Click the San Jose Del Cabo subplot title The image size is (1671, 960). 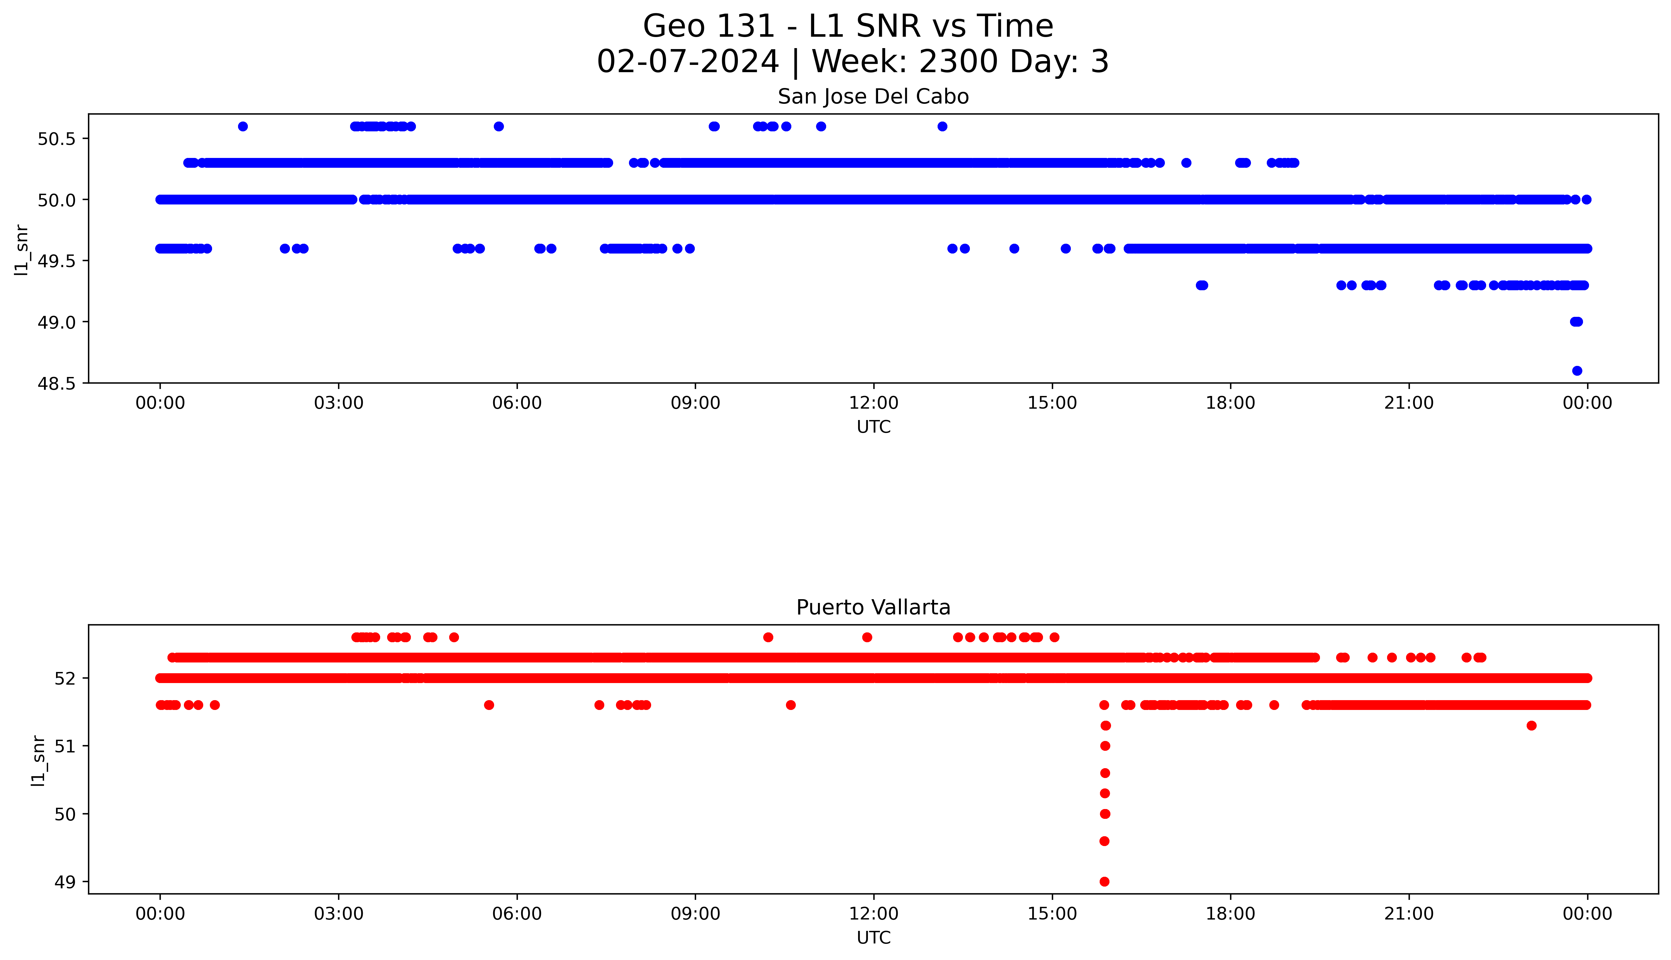pyautogui.click(x=873, y=97)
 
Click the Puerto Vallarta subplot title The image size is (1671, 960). pyautogui.click(x=873, y=607)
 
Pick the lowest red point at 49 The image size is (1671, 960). pyautogui.click(x=1104, y=882)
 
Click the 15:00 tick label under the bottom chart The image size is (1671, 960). pyautogui.click(x=1052, y=914)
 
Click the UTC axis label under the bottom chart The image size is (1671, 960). pyautogui.click(x=873, y=938)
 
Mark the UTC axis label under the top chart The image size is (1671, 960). pyautogui.click(x=873, y=427)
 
